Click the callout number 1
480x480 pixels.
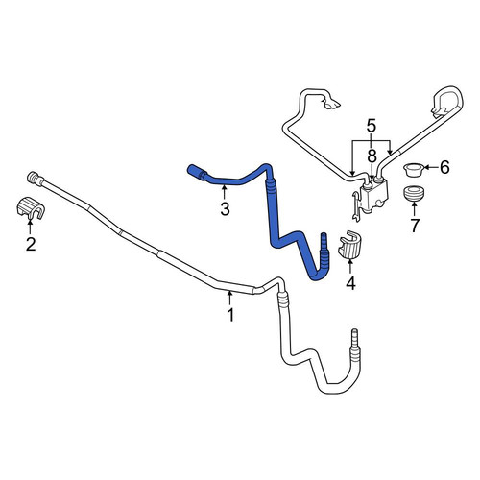[x=230, y=315]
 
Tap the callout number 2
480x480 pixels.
[x=31, y=245]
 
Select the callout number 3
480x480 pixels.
[x=225, y=209]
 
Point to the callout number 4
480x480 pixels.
[x=350, y=283]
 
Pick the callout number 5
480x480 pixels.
[x=372, y=126]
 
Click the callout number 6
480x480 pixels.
[x=444, y=167]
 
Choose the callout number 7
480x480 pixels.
[x=415, y=226]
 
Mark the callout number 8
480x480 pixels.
[x=372, y=156]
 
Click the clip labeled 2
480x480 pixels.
[x=31, y=207]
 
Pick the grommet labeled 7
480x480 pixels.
[x=414, y=193]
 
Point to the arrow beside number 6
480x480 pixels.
[x=431, y=167]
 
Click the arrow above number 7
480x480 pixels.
[x=414, y=209]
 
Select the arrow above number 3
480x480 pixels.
[x=225, y=193]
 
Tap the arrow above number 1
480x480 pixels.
[x=229, y=298]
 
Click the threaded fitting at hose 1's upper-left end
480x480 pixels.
[x=35, y=178]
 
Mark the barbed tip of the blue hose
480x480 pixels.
[x=323, y=239]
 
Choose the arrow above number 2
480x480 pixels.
[x=30, y=228]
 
